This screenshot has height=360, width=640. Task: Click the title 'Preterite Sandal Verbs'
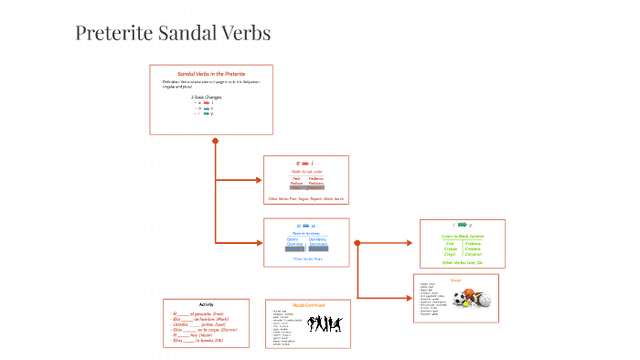[x=173, y=35]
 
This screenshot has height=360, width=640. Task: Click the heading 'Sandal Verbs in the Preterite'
[x=210, y=74]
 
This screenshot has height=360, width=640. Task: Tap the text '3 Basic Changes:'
[x=207, y=96]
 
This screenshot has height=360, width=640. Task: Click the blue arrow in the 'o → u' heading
[x=305, y=225]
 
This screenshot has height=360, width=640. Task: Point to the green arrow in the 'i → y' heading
[x=462, y=225]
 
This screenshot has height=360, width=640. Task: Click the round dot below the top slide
[x=216, y=141]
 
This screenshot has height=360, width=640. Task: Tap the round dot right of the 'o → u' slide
[x=357, y=243]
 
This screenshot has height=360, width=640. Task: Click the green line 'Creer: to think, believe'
[x=461, y=236]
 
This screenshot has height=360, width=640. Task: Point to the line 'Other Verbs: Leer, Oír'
[x=461, y=262]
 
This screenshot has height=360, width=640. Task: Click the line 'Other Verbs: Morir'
[x=305, y=259]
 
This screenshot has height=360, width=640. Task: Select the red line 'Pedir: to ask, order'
[x=306, y=171]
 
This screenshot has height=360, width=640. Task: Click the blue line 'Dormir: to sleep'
[x=305, y=233]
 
